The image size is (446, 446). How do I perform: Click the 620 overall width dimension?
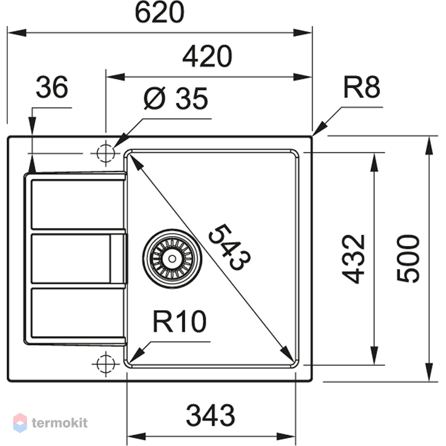pyautogui.click(x=160, y=13)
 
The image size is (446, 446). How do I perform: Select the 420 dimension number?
pyautogui.click(x=207, y=57)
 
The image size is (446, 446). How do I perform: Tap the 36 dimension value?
pyautogui.click(x=52, y=87)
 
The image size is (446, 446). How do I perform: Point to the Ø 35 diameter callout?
pyautogui.click(x=176, y=99)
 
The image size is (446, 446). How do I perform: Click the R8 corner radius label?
pyautogui.click(x=361, y=87)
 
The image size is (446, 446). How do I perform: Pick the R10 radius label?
pyautogui.click(x=179, y=322)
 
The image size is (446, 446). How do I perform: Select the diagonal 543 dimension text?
pyautogui.click(x=230, y=247)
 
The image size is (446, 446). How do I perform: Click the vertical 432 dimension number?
pyautogui.click(x=353, y=259)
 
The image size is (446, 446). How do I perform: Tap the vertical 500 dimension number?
pyautogui.click(x=408, y=259)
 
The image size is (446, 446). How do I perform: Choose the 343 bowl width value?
pyautogui.click(x=211, y=415)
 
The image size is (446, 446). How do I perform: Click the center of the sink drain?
pyautogui.click(x=172, y=259)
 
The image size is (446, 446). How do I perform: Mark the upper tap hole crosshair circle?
pyautogui.click(x=106, y=154)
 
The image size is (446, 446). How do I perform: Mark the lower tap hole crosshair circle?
pyautogui.click(x=106, y=364)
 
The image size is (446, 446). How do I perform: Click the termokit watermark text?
pyautogui.click(x=60, y=423)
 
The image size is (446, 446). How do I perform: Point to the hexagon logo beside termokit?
pyautogui.click(x=20, y=423)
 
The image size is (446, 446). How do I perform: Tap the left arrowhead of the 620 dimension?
pyautogui.click(x=17, y=33)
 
